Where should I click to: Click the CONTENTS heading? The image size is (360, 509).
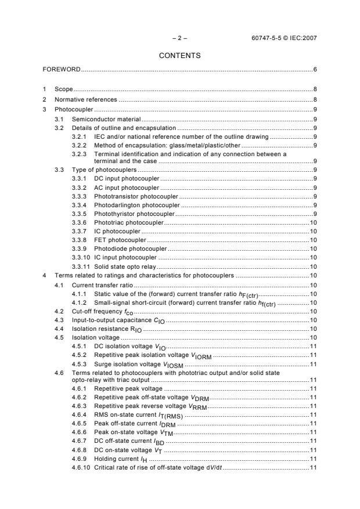tap(180, 56)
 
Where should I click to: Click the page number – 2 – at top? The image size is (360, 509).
tap(180, 39)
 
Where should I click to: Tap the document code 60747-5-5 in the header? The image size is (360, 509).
tap(269, 39)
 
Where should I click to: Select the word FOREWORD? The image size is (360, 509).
tap(62, 70)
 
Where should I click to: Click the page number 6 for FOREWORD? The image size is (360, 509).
tap(315, 70)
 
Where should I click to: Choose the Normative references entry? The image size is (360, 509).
tap(85, 99)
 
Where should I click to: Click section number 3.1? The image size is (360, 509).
tap(59, 118)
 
